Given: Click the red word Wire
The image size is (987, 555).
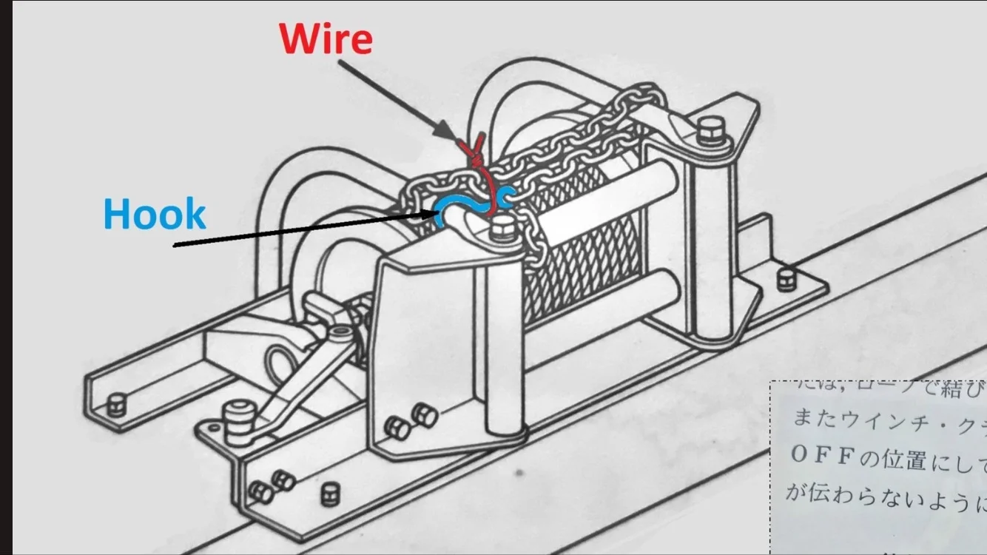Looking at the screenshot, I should pos(326,38).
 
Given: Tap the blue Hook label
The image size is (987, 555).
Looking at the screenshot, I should pos(155,215).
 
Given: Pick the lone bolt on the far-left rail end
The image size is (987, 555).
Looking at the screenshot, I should pos(115,405).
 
